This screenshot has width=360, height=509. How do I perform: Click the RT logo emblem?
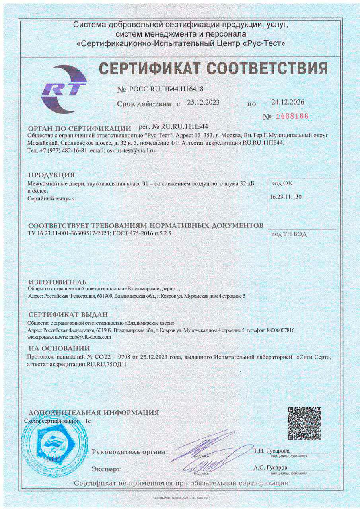(64, 89)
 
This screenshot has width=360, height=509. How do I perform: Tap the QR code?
(304, 424)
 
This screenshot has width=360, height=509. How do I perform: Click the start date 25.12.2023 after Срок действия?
(203, 102)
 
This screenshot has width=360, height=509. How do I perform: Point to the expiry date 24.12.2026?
(288, 102)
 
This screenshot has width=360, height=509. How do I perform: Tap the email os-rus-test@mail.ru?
(131, 150)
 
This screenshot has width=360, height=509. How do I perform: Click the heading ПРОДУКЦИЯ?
(52, 175)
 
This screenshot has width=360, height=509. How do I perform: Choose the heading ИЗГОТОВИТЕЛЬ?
(57, 282)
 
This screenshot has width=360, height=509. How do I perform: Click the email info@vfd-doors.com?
(90, 336)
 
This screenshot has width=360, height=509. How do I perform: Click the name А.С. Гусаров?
(270, 468)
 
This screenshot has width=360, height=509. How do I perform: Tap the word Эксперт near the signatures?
(106, 469)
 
